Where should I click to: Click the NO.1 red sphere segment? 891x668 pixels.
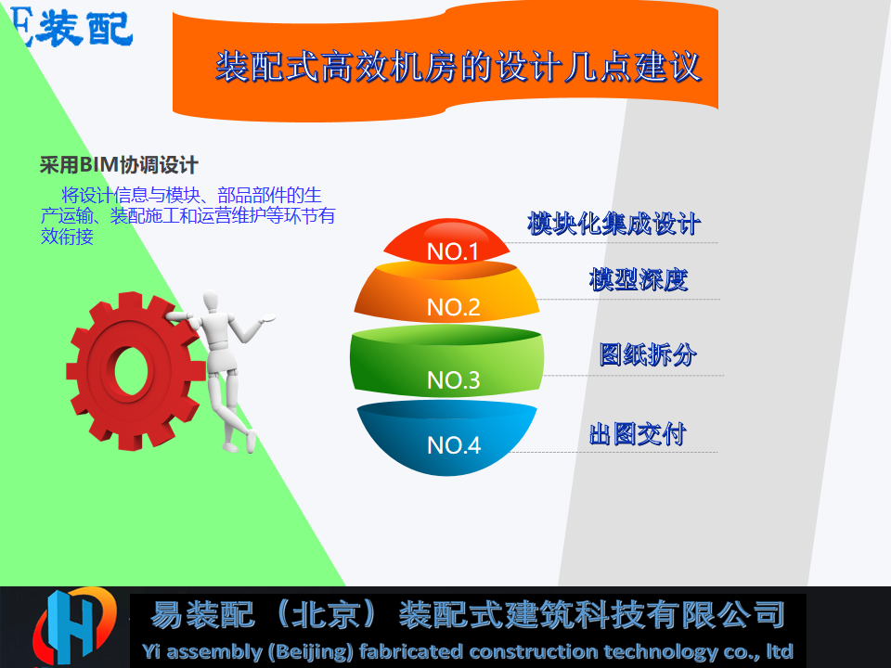pyautogui.click(x=446, y=241)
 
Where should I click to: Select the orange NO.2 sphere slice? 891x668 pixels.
pyautogui.click(x=446, y=292)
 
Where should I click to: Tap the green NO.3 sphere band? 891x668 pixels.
pyautogui.click(x=446, y=360)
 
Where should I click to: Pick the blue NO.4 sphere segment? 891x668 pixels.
pyautogui.click(x=446, y=437)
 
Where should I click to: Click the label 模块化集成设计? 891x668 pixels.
pyautogui.click(x=613, y=224)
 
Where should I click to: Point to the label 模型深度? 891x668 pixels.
pyautogui.click(x=639, y=279)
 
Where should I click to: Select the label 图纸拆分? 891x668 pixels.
pyautogui.click(x=648, y=354)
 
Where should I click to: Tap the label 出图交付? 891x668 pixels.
pyautogui.click(x=638, y=434)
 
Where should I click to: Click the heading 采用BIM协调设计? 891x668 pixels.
pyautogui.click(x=119, y=165)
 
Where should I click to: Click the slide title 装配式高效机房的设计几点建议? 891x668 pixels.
pyautogui.click(x=458, y=67)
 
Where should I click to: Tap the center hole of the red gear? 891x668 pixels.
pyautogui.click(x=131, y=371)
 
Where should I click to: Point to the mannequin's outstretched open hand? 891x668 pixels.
pyautogui.click(x=266, y=318)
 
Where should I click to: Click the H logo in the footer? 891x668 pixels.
pyautogui.click(x=74, y=626)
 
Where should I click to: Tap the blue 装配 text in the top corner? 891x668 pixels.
pyautogui.click(x=84, y=29)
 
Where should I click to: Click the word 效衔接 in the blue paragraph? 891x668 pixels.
pyautogui.click(x=67, y=237)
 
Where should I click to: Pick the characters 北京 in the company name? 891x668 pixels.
pyautogui.click(x=326, y=614)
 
